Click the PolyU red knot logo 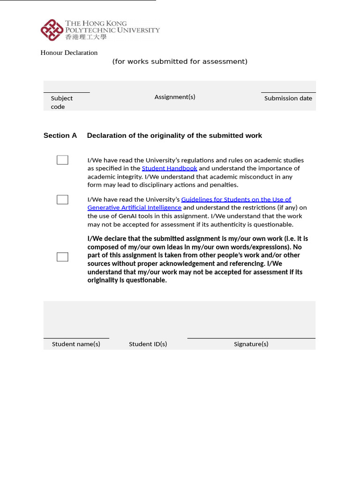[x=52, y=30]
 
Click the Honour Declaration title [x=69, y=52]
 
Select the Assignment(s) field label [x=175, y=97]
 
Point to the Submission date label [x=288, y=98]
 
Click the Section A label [x=60, y=135]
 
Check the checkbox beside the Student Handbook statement [x=62, y=160]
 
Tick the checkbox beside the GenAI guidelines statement [x=62, y=200]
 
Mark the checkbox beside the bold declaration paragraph [x=62, y=257]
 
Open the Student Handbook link [x=169, y=168]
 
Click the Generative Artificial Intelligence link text [x=135, y=208]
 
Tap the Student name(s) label [x=76, y=344]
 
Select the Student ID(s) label [x=148, y=344]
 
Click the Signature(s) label [x=251, y=344]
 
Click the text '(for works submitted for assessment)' [x=180, y=61]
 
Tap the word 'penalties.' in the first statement [x=223, y=185]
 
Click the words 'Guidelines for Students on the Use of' [x=236, y=199]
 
